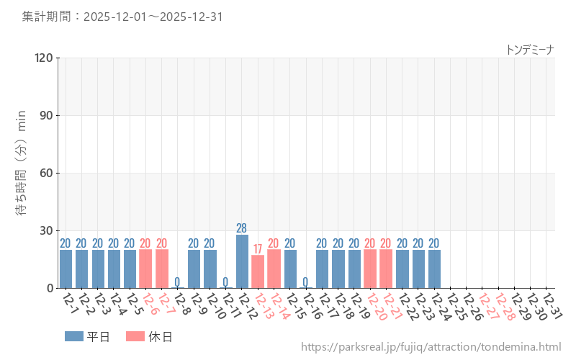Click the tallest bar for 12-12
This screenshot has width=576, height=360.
click(x=242, y=261)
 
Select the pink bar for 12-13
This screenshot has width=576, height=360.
click(x=258, y=271)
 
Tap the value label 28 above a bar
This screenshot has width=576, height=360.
click(x=242, y=228)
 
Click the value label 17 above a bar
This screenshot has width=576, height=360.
click(x=258, y=249)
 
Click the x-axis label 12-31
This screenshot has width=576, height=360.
click(x=552, y=305)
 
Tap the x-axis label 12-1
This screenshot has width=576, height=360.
click(x=70, y=302)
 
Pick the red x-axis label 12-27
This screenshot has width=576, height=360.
click(x=487, y=305)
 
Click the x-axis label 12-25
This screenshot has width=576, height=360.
click(x=455, y=305)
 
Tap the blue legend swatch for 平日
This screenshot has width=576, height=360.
click(x=73, y=336)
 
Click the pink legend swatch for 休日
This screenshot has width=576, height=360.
click(x=135, y=336)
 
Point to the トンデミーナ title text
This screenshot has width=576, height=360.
click(x=530, y=49)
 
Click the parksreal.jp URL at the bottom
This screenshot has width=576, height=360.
click(x=431, y=347)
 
